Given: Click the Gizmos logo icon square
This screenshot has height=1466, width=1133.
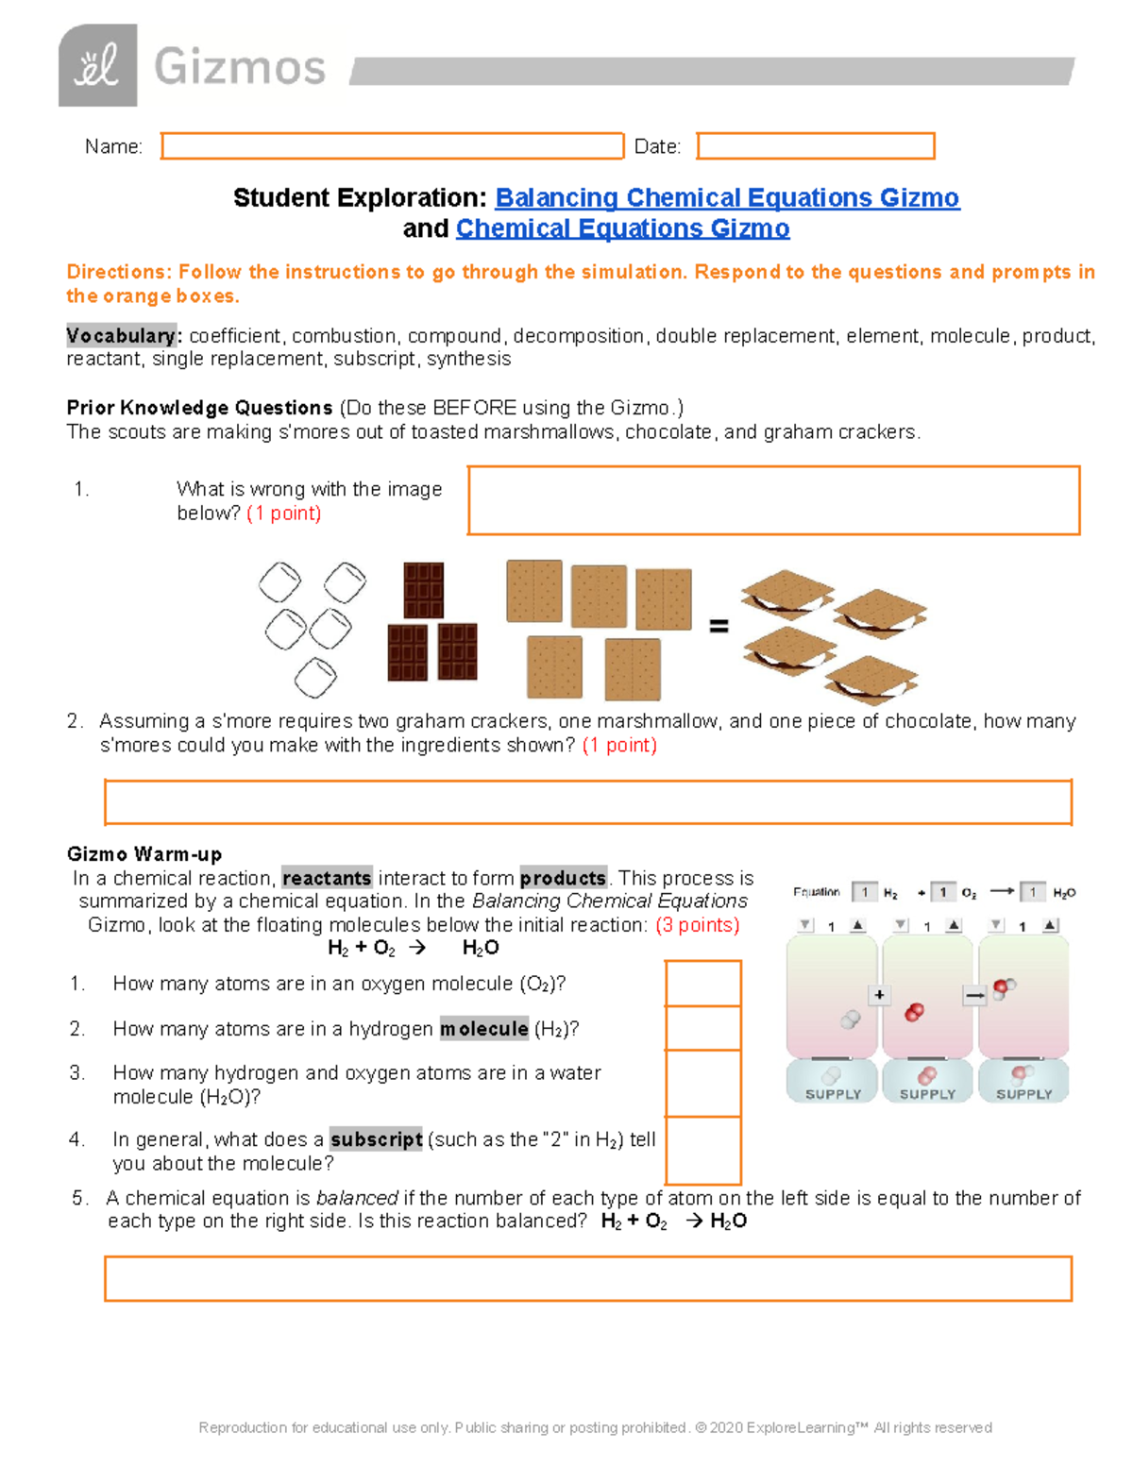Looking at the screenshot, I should click(97, 66).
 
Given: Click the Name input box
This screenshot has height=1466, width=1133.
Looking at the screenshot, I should click(392, 146).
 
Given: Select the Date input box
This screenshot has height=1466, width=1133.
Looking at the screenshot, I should click(815, 146).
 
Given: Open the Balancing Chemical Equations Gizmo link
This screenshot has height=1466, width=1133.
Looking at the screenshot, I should click(727, 197).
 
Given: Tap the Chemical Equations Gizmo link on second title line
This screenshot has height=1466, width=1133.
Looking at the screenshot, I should click(622, 228).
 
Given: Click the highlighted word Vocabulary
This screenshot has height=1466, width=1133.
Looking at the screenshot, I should click(121, 336).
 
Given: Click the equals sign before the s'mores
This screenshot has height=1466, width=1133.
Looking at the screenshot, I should click(719, 626).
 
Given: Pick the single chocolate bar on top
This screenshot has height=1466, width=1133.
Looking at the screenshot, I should click(423, 590).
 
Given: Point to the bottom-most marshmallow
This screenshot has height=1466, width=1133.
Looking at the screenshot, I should click(315, 677).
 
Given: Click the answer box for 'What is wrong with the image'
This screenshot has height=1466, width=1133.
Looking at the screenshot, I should click(773, 500).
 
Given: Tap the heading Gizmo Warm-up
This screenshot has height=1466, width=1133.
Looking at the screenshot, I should click(144, 854).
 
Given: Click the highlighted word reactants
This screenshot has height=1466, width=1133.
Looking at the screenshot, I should click(327, 878).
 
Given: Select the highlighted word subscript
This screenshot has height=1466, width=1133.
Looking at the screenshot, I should click(376, 1139).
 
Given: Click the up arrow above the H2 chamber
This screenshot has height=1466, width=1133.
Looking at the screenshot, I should click(857, 926).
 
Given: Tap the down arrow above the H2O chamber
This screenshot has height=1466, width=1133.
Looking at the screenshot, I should click(996, 926).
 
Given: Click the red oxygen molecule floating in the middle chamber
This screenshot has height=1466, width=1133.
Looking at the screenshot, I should click(914, 1013).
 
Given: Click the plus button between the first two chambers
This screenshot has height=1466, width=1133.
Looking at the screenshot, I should click(879, 995).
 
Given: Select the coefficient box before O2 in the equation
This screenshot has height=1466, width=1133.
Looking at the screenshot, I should click(942, 892).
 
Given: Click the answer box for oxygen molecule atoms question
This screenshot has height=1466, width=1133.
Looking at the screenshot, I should click(702, 984).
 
